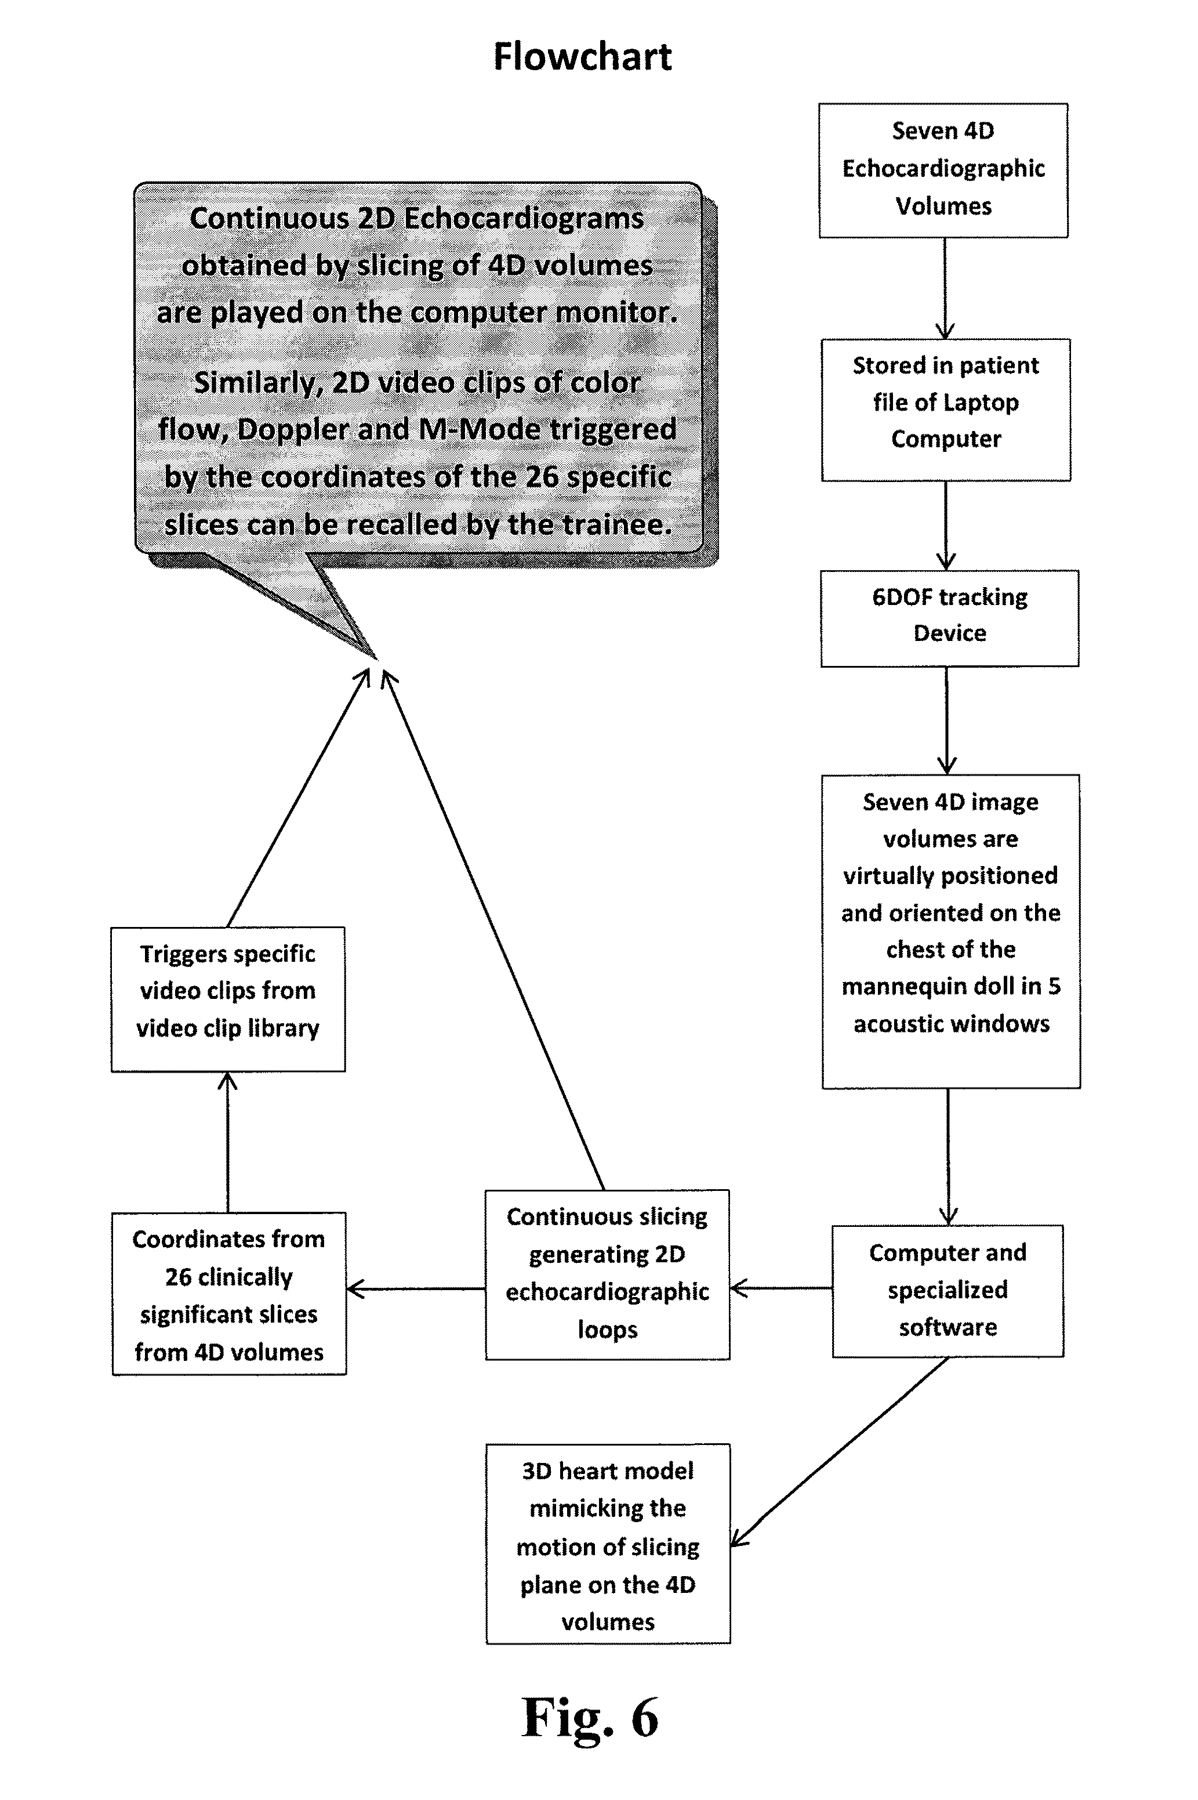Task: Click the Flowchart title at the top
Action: click(x=582, y=57)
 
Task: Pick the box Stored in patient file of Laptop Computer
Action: click(x=946, y=408)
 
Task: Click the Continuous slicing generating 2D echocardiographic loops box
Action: click(x=607, y=1273)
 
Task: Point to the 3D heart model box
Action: click(x=607, y=1545)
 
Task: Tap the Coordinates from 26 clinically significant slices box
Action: click(x=228, y=1294)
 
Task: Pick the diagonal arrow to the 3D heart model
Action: click(x=840, y=1452)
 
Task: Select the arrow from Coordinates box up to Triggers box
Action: click(x=228, y=1142)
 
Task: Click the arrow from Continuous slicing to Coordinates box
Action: click(x=416, y=1289)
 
